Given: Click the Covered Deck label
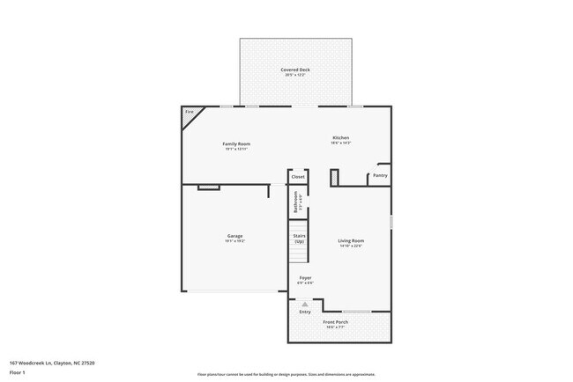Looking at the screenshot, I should coord(295,70).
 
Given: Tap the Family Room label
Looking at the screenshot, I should coord(236,143).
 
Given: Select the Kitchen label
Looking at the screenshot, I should coord(340,138).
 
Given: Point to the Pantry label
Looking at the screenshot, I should coord(380,175).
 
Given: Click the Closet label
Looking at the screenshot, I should coord(298,177).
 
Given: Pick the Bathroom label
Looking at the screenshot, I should coord(297,203).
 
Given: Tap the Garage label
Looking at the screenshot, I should coord(235,236).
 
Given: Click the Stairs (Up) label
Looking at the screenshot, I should coord(299,239).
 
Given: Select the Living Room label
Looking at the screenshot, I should coord(351,241).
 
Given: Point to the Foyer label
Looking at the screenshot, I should coord(305,278).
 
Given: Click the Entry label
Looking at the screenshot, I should coord(305,312).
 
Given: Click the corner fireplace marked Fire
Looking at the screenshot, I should coord(190,114).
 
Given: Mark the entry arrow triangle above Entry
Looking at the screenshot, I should coord(305,304).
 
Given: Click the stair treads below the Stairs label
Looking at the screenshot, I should coord(299,253).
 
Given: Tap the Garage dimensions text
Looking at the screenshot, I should coord(235,241).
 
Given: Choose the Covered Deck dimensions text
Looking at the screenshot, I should coord(295,75).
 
